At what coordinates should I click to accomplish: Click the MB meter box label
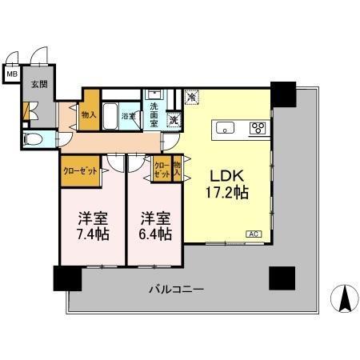click(12, 75)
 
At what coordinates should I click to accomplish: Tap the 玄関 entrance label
click(38, 83)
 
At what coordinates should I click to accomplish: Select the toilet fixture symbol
click(33, 140)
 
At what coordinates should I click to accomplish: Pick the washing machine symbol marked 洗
click(174, 121)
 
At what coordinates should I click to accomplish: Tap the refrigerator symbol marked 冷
click(192, 98)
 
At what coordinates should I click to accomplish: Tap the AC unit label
click(254, 234)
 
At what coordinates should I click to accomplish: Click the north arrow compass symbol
click(345, 299)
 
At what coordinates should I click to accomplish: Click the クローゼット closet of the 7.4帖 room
click(80, 170)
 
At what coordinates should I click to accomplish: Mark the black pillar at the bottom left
click(67, 278)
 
